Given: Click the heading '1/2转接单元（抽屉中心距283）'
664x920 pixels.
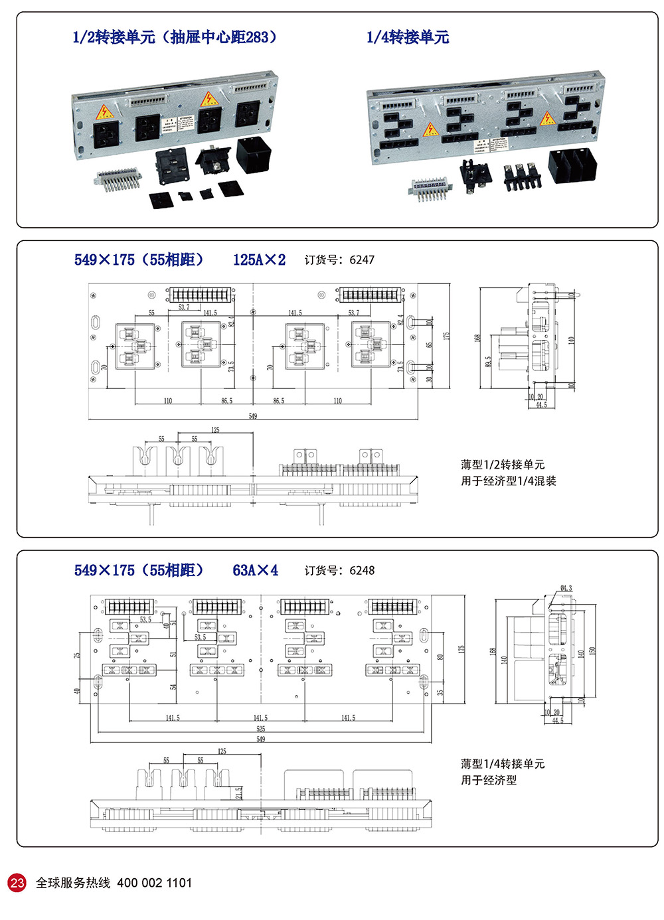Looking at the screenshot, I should [174, 37].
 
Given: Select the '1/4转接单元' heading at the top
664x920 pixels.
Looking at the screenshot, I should [407, 37].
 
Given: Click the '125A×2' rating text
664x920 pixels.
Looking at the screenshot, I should [259, 260].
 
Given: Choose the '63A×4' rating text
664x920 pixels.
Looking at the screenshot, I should [255, 571].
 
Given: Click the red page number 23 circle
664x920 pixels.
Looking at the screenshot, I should [17, 883].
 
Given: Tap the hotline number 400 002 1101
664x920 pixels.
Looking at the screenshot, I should [154, 883].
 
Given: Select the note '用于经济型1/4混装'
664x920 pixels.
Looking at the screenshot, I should [508, 481].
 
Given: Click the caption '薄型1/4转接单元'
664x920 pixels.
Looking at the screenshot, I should [502, 764].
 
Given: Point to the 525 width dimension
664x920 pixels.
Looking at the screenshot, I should [261, 729].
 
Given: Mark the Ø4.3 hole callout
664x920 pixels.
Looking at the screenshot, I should [566, 588].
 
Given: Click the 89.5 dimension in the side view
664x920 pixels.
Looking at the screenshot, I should [489, 362].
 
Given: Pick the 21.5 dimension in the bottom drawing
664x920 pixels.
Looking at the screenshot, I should [239, 793].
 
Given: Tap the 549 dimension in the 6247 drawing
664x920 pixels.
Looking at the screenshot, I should [252, 416].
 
